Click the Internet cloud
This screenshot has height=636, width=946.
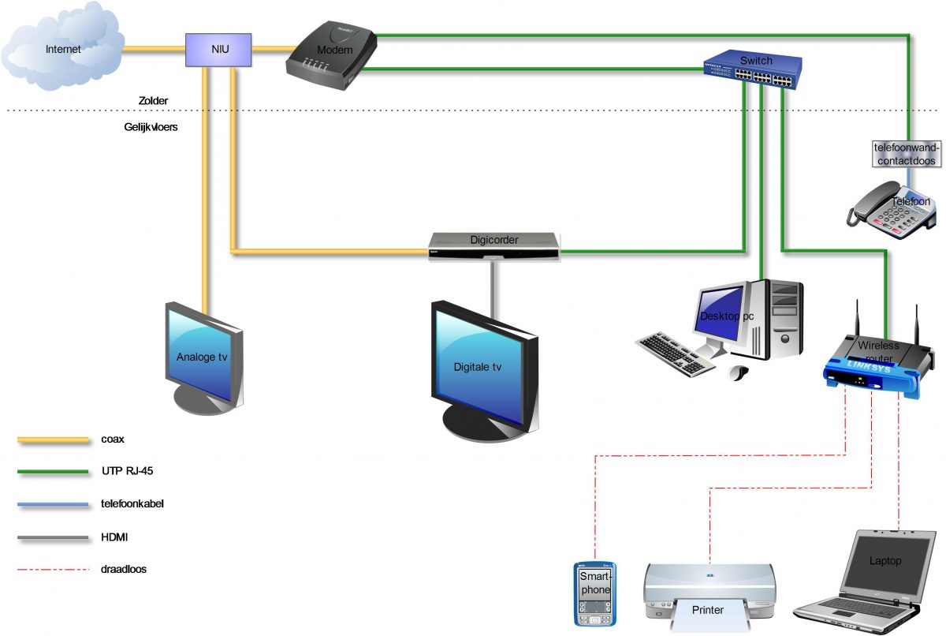pyautogui.click(x=62, y=50)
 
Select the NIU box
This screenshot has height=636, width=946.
pyautogui.click(x=218, y=50)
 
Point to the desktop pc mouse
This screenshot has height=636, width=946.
pyautogui.click(x=739, y=372)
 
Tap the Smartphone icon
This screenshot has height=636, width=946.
pyautogui.click(x=595, y=593)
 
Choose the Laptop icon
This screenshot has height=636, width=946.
pyautogui.click(x=867, y=576)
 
